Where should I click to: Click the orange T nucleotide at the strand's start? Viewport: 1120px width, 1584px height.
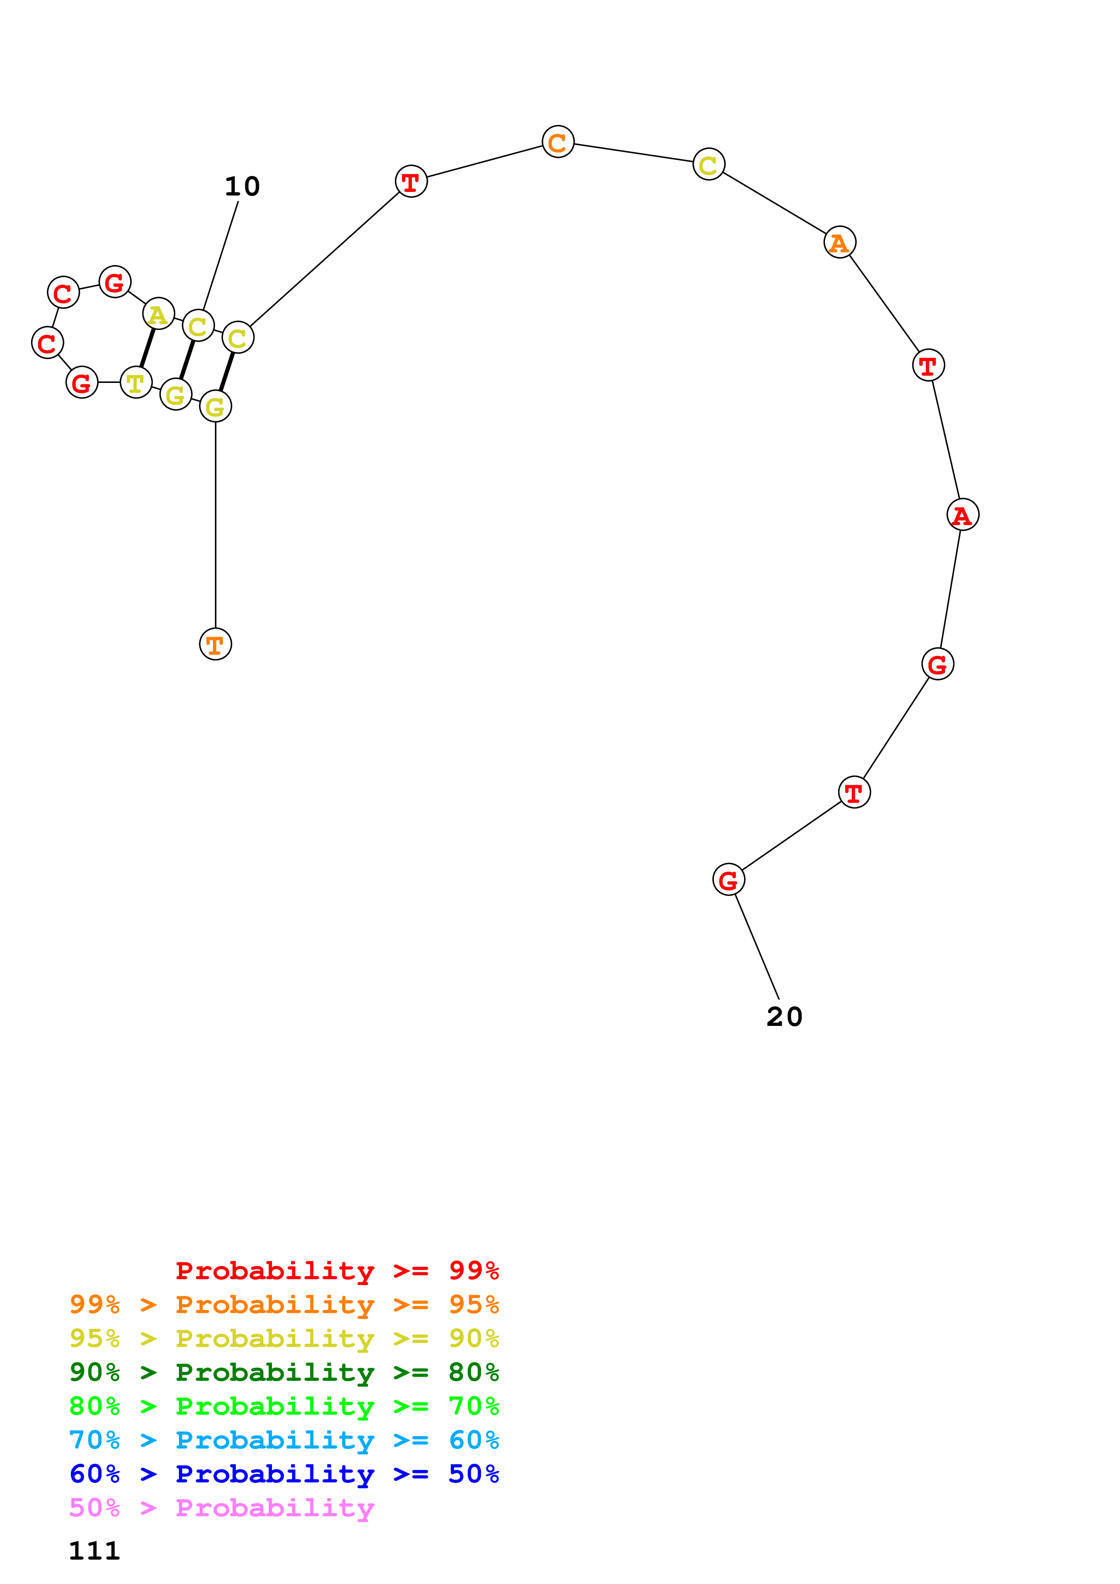click(x=216, y=644)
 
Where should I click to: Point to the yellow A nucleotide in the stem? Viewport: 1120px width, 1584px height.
click(x=158, y=315)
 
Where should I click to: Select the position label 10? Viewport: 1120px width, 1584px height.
click(x=242, y=186)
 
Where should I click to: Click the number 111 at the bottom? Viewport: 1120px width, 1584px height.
click(x=94, y=1551)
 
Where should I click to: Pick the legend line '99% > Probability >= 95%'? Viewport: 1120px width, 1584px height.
click(x=284, y=1304)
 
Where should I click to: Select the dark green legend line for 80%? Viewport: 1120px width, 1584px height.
click(x=284, y=1372)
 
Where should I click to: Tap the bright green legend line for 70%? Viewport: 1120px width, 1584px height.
click(x=284, y=1406)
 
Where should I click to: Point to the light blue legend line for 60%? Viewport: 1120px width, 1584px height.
click(x=284, y=1440)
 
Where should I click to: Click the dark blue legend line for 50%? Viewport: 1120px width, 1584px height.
click(x=284, y=1474)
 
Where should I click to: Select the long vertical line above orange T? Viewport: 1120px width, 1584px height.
click(x=216, y=524)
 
